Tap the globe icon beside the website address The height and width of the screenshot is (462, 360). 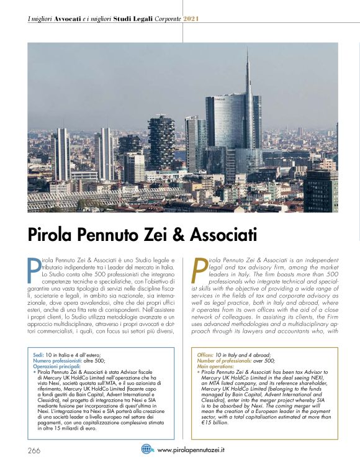(x=147, y=449)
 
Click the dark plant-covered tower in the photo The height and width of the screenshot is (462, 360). (x=161, y=143)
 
